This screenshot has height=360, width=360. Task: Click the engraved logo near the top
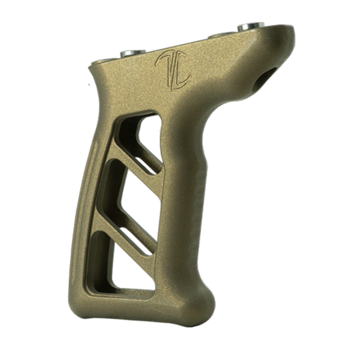click(x=173, y=68)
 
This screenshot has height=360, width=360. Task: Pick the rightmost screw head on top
click(x=251, y=26)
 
